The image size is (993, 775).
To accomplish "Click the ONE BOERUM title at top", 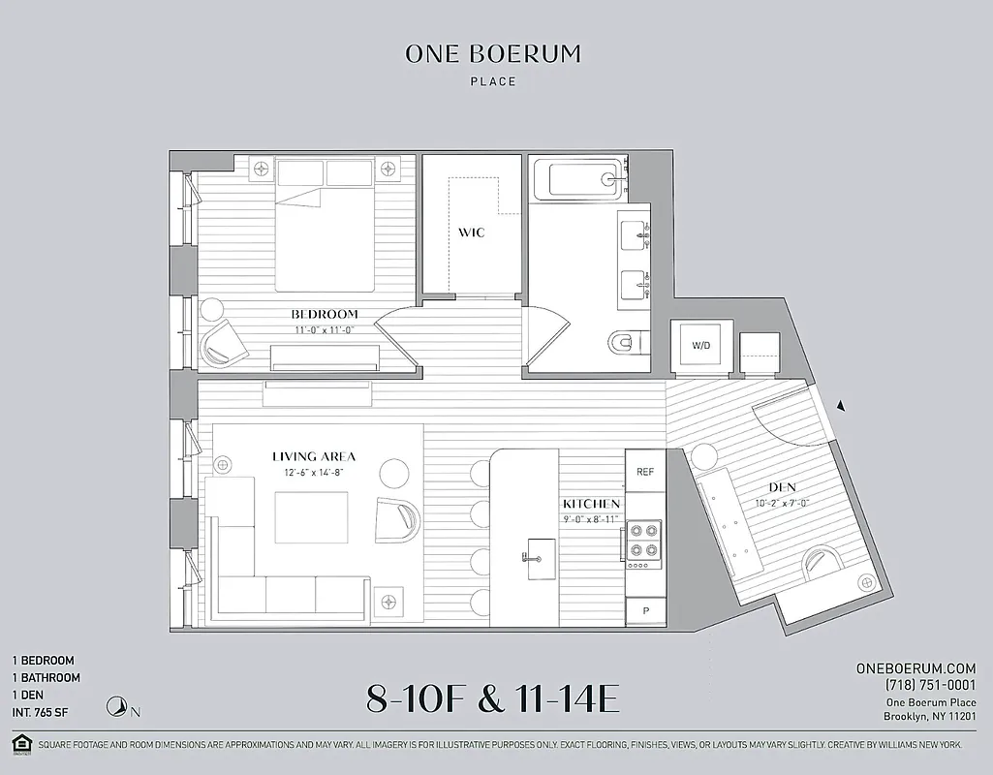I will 493,54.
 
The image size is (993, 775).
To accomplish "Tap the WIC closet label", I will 472,233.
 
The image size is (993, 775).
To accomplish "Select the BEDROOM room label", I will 325,314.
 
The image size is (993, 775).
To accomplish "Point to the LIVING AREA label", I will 313,456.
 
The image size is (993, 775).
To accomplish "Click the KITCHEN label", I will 591,505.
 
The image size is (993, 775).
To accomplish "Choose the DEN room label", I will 782,487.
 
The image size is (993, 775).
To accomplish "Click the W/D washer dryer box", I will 699,346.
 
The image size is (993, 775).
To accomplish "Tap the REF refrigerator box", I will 644,472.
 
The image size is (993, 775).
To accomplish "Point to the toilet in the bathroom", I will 626,341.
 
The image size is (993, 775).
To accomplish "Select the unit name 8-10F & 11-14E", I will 492,697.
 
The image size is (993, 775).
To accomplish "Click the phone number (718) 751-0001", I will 930,685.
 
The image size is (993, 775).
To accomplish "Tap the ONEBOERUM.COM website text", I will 915,668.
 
